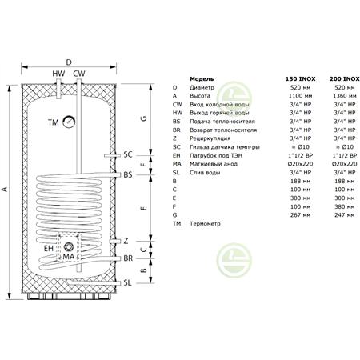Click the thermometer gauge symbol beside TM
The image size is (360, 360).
(69, 122)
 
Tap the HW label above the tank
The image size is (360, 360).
(58, 74)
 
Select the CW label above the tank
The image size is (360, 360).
(79, 74)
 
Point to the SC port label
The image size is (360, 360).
(128, 154)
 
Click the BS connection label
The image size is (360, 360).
(128, 175)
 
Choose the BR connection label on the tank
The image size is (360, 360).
(128, 258)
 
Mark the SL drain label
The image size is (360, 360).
(128, 282)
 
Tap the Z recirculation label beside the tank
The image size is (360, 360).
(126, 241)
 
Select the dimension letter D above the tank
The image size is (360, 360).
(69, 62)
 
